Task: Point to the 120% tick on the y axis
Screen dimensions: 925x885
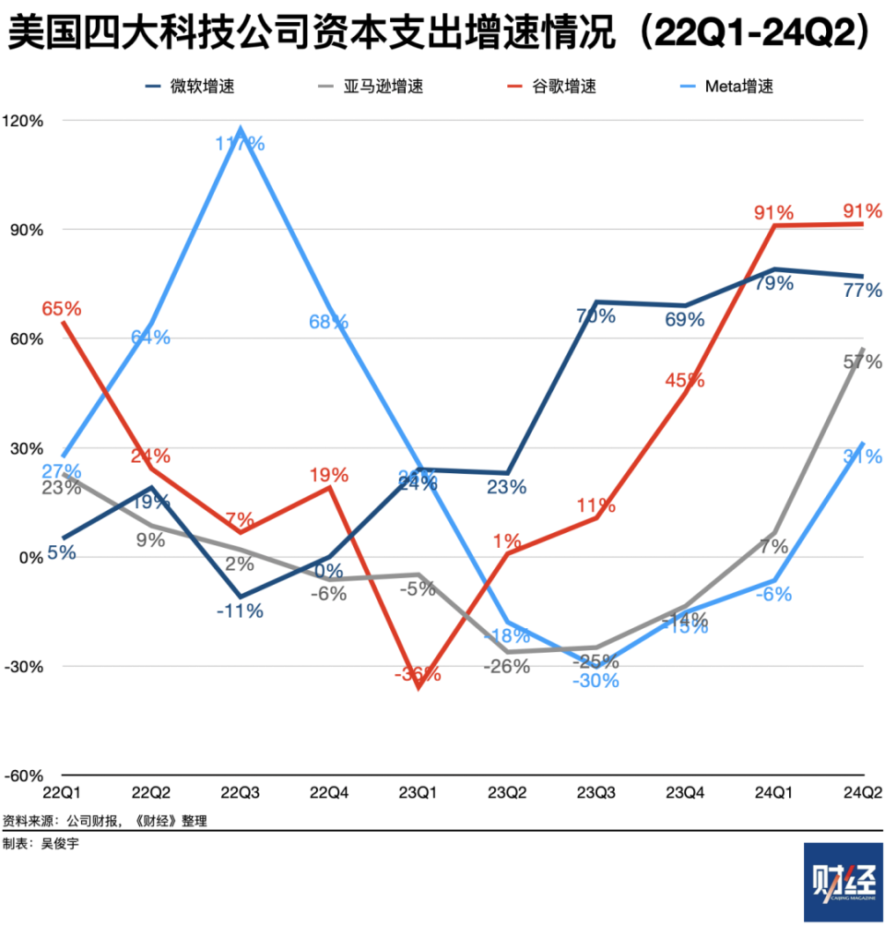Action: point(24,121)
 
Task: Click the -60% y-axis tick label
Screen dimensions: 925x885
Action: point(24,776)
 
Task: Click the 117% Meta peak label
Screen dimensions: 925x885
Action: point(242,143)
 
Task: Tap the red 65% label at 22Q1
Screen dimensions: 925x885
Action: point(61,307)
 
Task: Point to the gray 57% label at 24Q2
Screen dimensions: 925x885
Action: point(863,362)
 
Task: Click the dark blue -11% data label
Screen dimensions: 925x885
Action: point(242,610)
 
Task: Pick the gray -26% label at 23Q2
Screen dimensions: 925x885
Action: point(507,666)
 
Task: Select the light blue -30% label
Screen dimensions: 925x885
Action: point(596,682)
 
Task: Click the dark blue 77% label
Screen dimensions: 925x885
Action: point(863,291)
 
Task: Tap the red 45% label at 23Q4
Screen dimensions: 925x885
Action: point(684,380)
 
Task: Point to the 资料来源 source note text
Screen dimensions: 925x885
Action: point(104,820)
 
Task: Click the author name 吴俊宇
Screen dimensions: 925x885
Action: point(60,844)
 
